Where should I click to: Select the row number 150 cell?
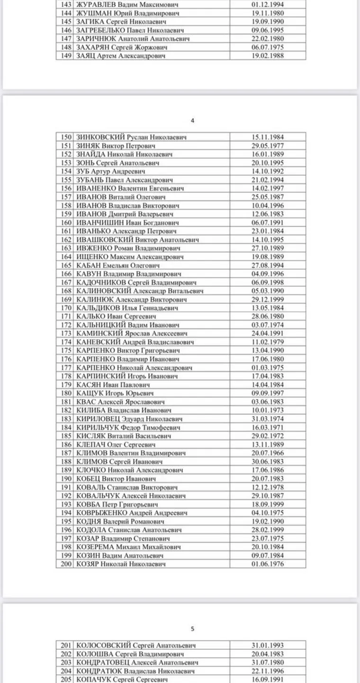click(66, 137)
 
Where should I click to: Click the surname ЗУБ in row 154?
click(85, 171)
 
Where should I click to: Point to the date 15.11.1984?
click(268, 137)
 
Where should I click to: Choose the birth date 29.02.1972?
click(268, 436)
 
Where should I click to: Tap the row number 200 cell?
click(66, 564)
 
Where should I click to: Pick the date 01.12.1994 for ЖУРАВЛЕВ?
click(268, 4)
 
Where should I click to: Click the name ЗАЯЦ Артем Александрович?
click(121, 56)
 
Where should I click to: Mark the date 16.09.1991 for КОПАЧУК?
click(268, 679)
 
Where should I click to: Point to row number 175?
click(66, 350)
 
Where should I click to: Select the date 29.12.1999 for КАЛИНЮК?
click(268, 300)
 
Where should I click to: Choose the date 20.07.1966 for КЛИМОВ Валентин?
click(268, 453)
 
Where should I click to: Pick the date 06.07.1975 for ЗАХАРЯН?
click(268, 47)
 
